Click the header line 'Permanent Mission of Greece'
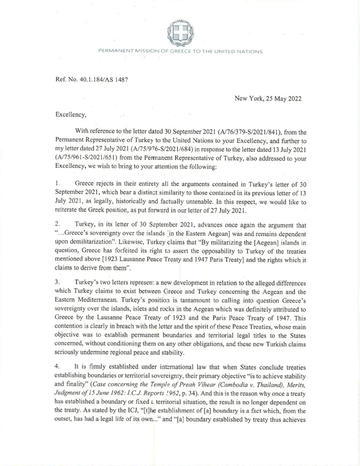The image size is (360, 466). tap(180, 52)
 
